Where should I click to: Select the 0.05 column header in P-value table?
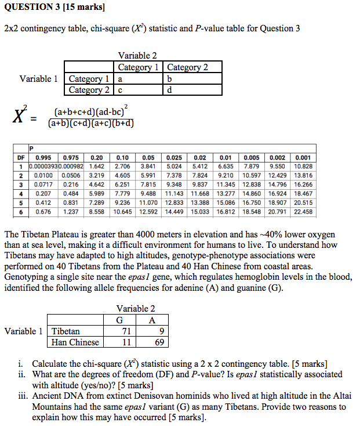148,157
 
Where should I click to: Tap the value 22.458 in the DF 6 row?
304,212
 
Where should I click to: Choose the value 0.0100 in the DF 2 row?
43,175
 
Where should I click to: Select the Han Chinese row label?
75,342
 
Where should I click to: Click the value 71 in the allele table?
125,331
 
